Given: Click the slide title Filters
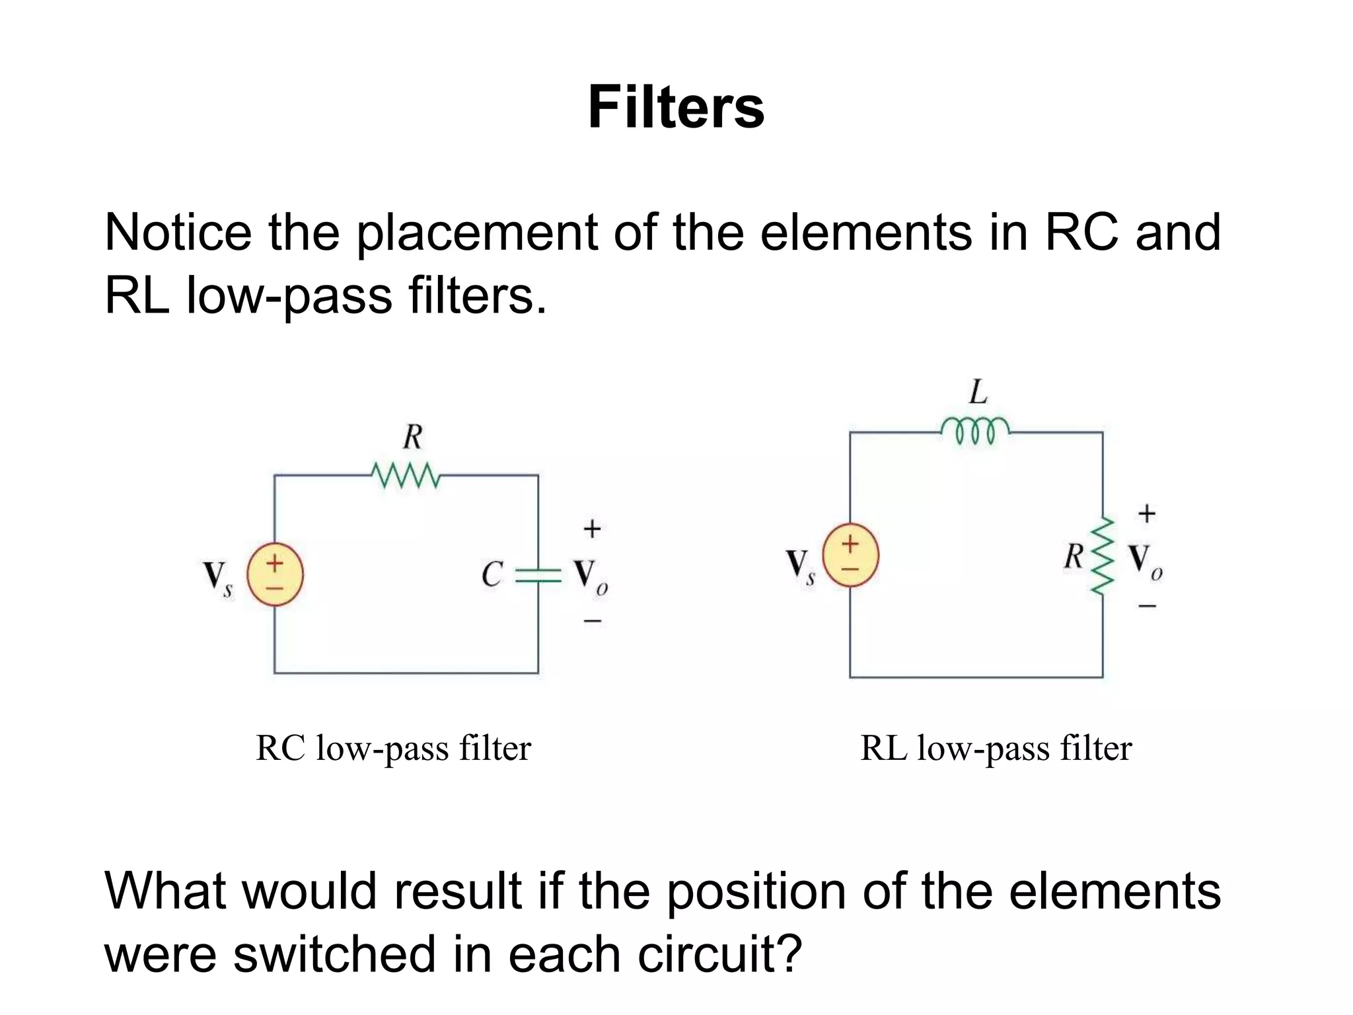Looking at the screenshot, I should (x=676, y=108).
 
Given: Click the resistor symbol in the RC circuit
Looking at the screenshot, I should (x=405, y=475).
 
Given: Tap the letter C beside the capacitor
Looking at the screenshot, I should (x=492, y=574).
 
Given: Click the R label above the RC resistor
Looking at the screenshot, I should (x=412, y=437).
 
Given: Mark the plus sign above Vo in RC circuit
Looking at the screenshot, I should (x=592, y=529).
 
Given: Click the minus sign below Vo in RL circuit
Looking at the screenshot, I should (x=1147, y=605).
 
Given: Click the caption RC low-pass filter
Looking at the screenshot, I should (x=393, y=749).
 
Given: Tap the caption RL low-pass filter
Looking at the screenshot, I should (x=996, y=749).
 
